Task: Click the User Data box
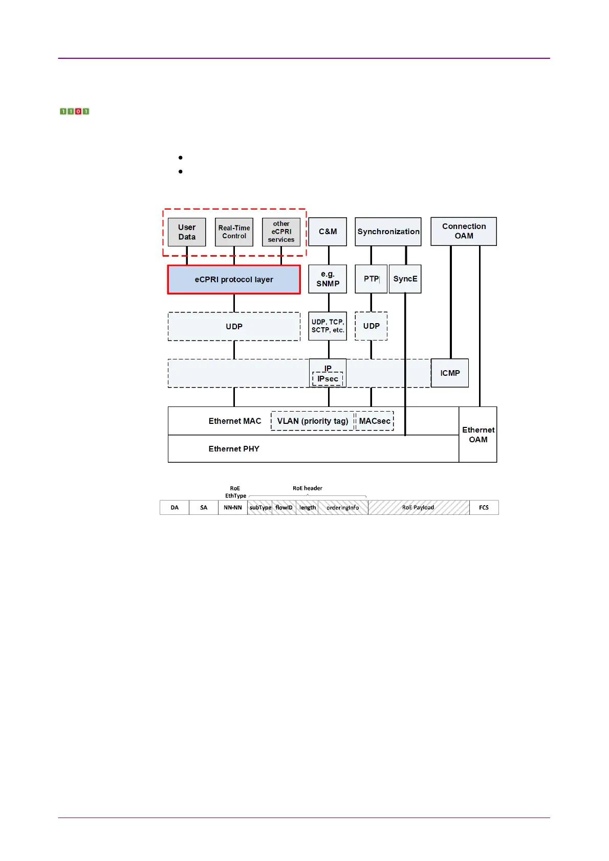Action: (x=187, y=232)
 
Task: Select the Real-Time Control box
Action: (x=234, y=232)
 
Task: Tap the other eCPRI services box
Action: (x=281, y=232)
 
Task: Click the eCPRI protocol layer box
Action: (x=234, y=280)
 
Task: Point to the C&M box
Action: (x=328, y=232)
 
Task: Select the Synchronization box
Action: (x=388, y=232)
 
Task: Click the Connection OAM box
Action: (x=464, y=231)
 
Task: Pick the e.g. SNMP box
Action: (x=328, y=279)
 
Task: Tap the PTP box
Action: (x=371, y=279)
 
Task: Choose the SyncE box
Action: (x=405, y=279)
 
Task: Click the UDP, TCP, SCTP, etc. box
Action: (x=328, y=326)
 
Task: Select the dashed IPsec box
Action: (x=328, y=379)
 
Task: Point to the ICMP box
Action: (x=450, y=373)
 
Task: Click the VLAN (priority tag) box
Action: (x=312, y=421)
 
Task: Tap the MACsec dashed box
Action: (x=375, y=421)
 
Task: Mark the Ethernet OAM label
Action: (x=478, y=435)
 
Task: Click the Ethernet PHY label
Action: (x=234, y=449)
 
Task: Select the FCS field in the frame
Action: (x=484, y=508)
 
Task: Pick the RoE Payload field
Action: (x=418, y=508)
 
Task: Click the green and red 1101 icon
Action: (x=74, y=111)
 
